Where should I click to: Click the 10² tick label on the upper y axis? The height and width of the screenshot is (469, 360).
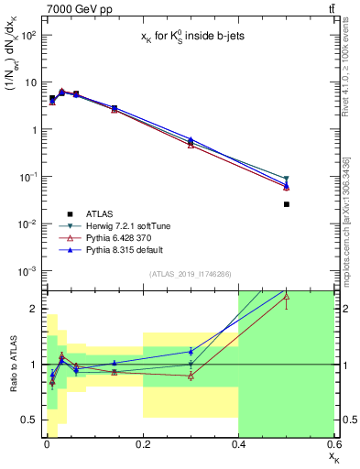(x=27, y=35)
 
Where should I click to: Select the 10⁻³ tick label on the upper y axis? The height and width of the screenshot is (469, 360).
(x=27, y=271)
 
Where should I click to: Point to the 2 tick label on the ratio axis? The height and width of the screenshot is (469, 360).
(x=31, y=309)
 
